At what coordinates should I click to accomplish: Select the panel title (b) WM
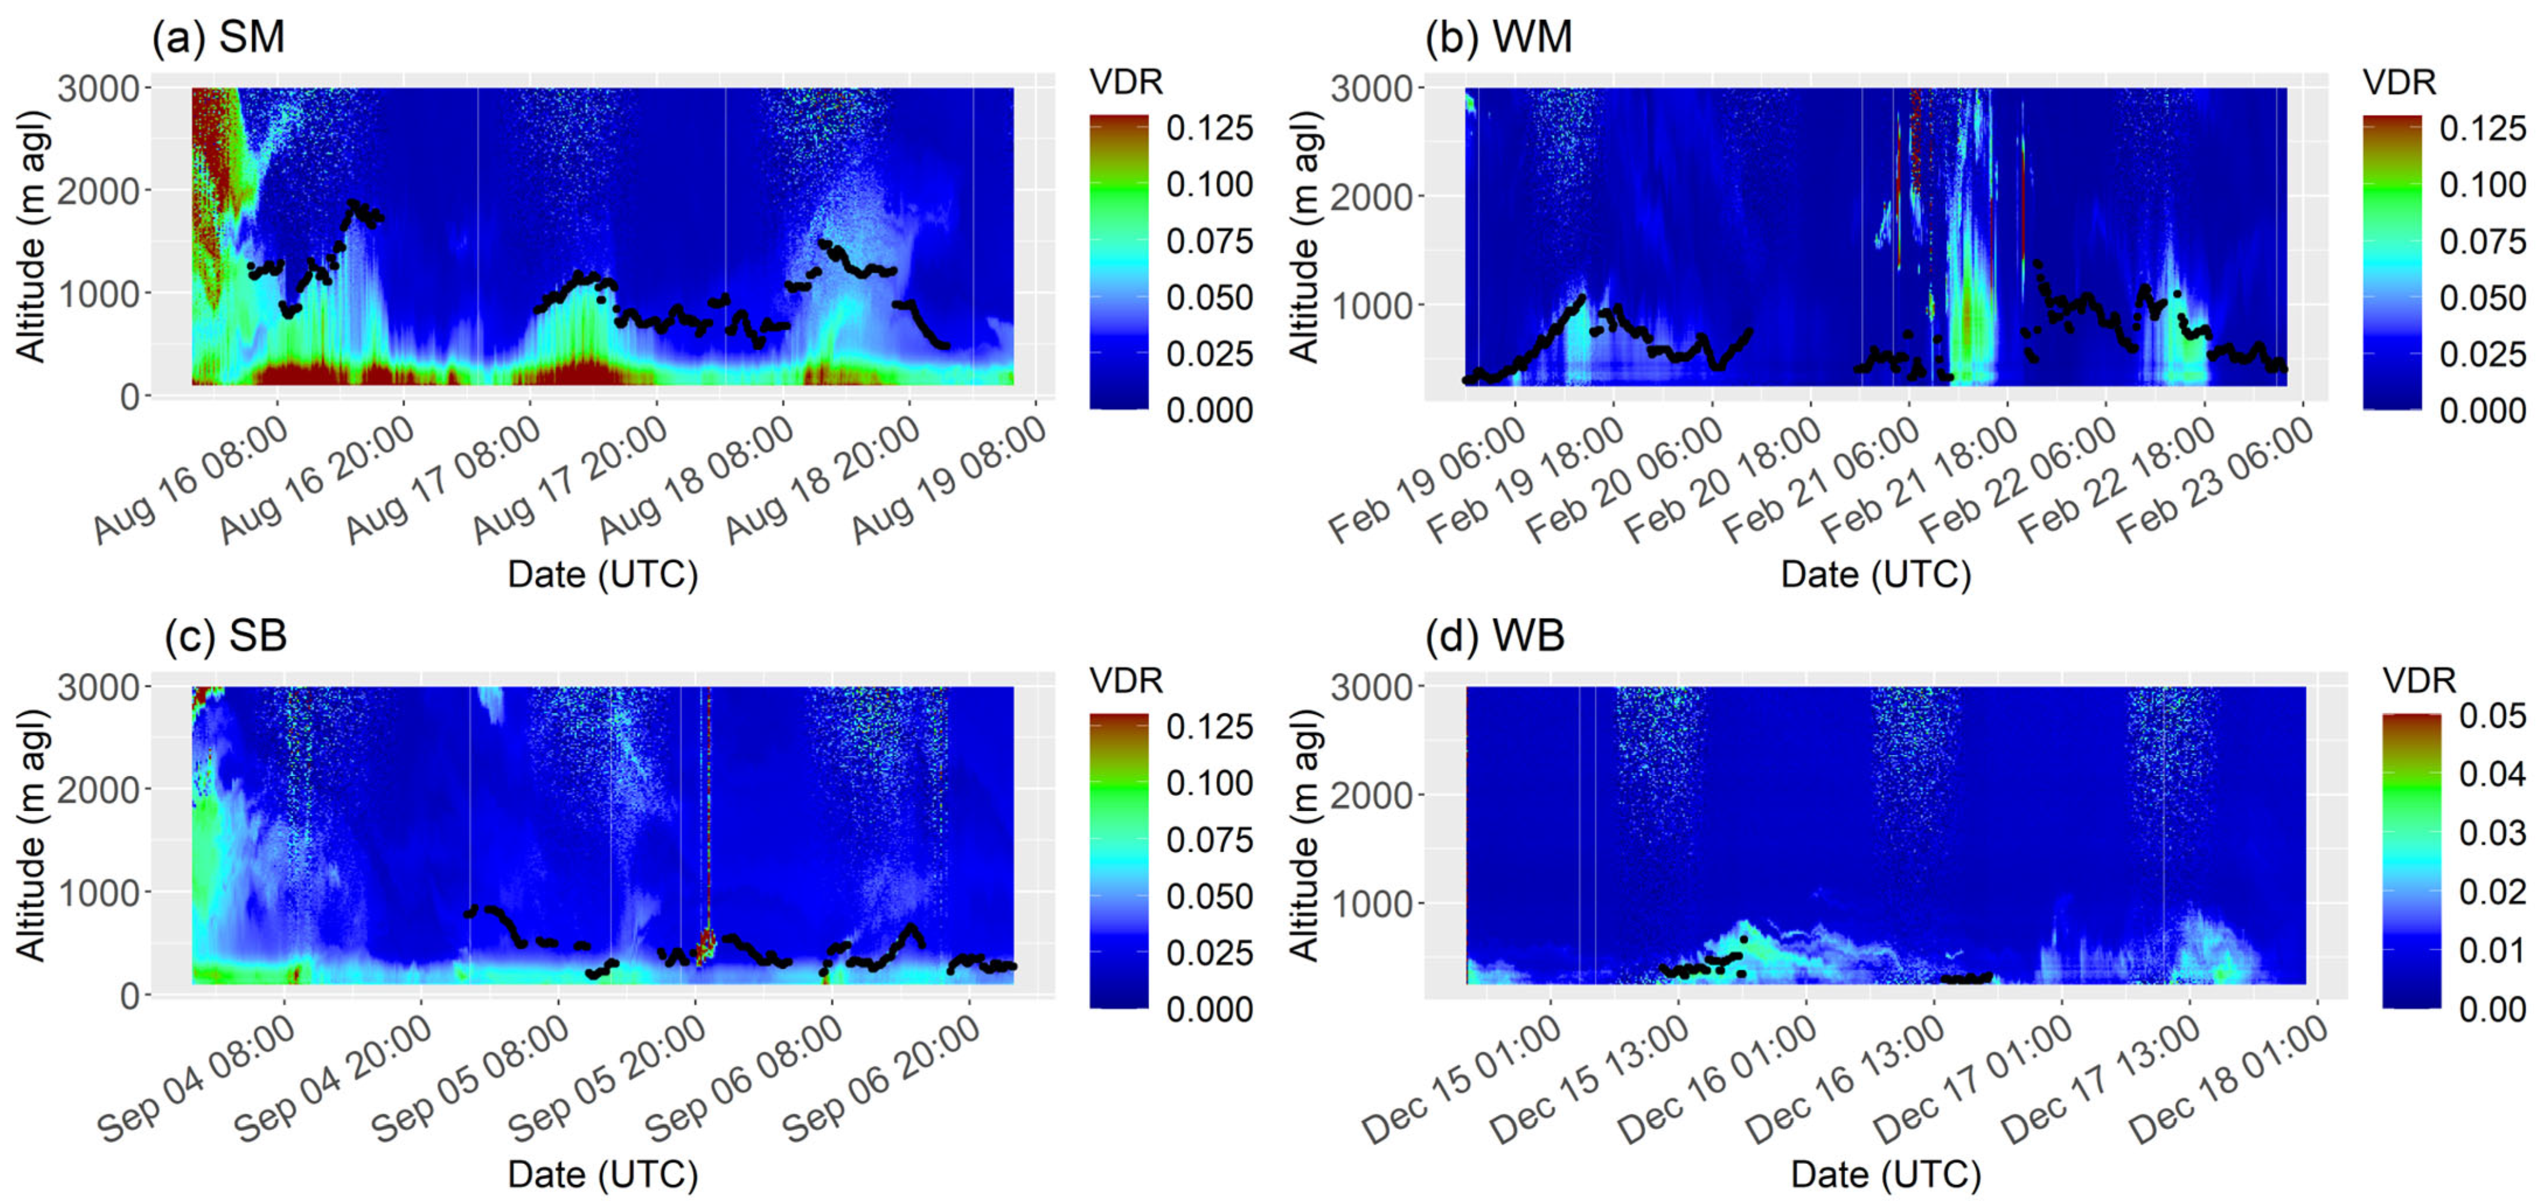pyautogui.click(x=1498, y=37)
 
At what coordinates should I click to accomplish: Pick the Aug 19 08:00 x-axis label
pyautogui.click(x=950, y=480)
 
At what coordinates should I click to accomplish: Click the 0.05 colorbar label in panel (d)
pyautogui.click(x=2491, y=715)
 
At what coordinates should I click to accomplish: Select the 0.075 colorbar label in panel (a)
pyautogui.click(x=1209, y=241)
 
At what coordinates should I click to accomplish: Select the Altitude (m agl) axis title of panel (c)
pyautogui.click(x=31, y=835)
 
